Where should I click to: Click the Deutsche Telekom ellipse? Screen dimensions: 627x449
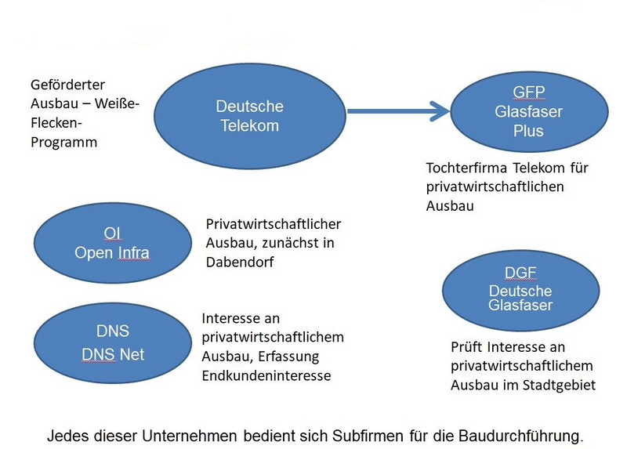[250, 116]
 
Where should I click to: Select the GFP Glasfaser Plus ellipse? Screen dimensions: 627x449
[529, 111]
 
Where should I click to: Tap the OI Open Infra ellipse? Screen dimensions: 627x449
[112, 243]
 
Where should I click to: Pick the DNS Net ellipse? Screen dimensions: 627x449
[112, 342]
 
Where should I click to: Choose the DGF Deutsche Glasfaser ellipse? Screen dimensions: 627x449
[520, 290]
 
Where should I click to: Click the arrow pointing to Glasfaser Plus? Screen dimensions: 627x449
[398, 111]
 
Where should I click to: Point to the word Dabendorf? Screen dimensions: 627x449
[240, 263]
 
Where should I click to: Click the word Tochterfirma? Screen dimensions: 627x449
[466, 168]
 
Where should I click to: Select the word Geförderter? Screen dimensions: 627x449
[67, 85]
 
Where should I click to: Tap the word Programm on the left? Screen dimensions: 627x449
[64, 143]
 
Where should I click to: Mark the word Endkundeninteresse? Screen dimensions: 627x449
[266, 376]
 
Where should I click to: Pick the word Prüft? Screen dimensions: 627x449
[466, 347]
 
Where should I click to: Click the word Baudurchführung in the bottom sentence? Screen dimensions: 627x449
[521, 436]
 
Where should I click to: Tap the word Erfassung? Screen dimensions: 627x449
[288, 357]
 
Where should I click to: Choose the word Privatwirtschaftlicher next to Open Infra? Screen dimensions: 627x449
[274, 224]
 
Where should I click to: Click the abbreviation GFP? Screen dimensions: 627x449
[528, 92]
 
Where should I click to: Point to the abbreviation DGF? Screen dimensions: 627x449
[520, 273]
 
